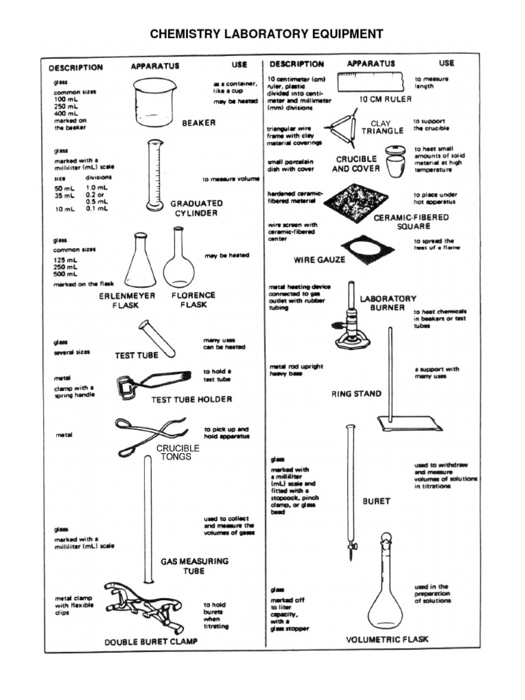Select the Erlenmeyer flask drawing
pyautogui.click(x=140, y=263)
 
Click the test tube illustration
pyautogui.click(x=157, y=338)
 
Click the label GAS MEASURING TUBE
pyautogui.click(x=194, y=566)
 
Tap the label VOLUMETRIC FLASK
pyautogui.click(x=387, y=640)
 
